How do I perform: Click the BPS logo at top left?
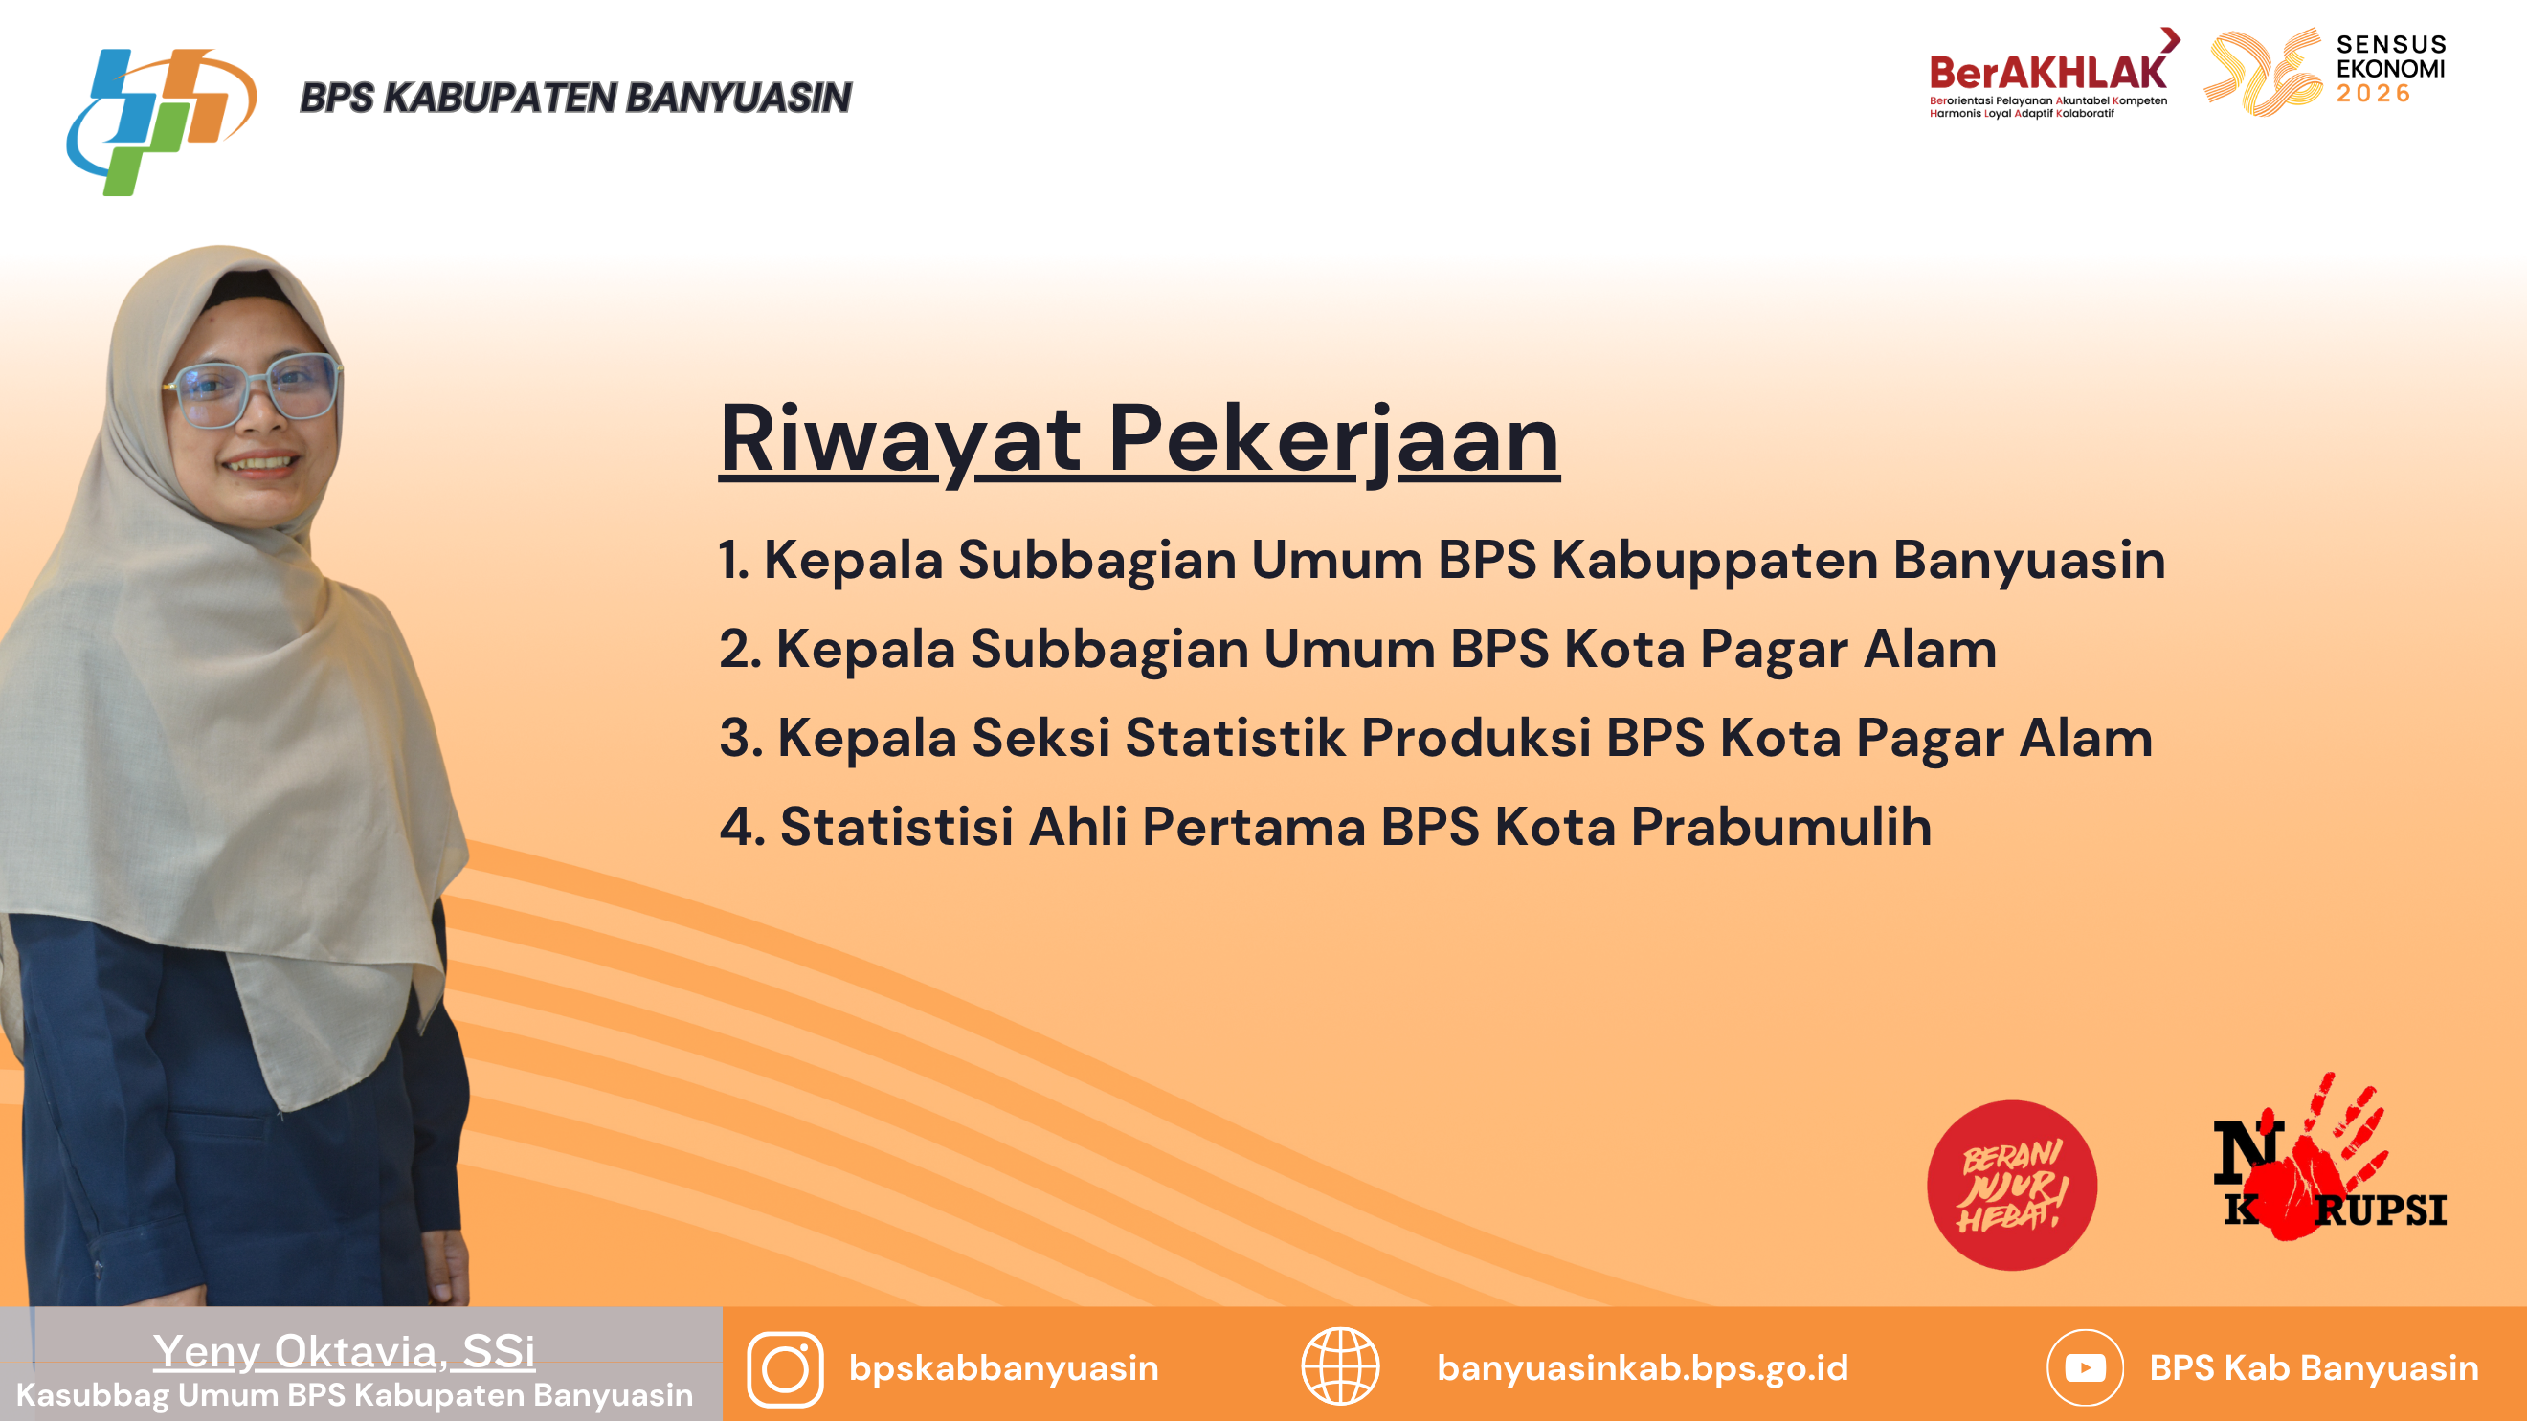pos(162,122)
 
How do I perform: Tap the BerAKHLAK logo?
pos(2053,74)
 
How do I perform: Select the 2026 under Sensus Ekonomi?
pos(2373,94)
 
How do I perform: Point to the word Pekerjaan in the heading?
pos(1334,440)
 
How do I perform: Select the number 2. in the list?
pos(741,649)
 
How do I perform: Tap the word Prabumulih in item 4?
pos(1781,827)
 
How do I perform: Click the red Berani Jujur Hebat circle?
pos(2012,1185)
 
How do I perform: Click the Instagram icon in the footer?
pos(785,1369)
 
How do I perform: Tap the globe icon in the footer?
pos(1340,1366)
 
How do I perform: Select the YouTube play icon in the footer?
pos(2086,1368)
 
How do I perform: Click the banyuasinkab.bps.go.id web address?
pos(1643,1368)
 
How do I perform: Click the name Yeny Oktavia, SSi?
pos(345,1351)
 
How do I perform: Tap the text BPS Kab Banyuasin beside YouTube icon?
pos(2315,1368)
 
